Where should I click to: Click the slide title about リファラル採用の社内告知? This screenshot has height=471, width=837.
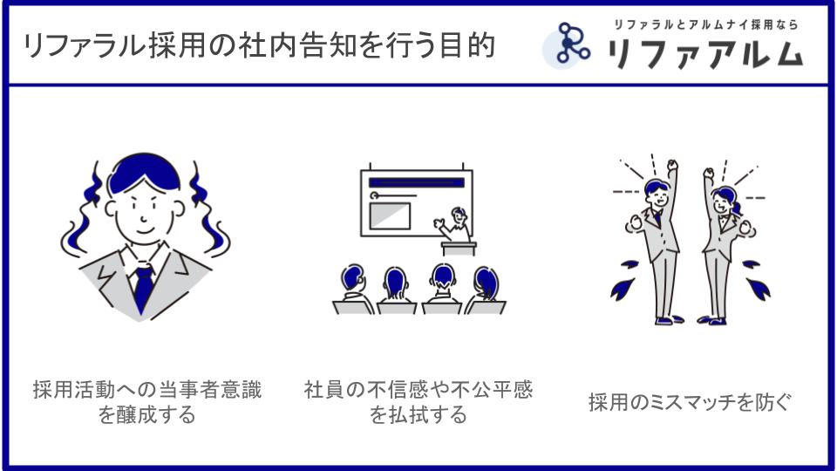(x=260, y=45)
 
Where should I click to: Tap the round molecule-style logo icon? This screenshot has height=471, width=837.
(x=567, y=45)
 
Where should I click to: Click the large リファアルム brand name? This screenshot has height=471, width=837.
(x=705, y=54)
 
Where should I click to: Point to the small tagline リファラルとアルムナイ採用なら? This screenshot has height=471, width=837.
(x=705, y=24)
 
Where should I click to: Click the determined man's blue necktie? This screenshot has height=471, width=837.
(x=143, y=289)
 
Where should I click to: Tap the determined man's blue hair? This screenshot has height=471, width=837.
(x=144, y=171)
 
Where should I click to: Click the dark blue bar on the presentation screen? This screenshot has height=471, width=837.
(x=417, y=182)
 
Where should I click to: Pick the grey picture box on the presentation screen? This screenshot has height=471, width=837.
(x=391, y=215)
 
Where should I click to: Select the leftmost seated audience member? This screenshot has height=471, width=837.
(x=353, y=289)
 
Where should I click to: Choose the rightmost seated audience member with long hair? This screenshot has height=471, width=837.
(x=485, y=290)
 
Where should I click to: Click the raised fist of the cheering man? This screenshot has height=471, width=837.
(x=672, y=165)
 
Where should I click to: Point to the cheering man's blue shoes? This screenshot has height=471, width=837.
(x=669, y=320)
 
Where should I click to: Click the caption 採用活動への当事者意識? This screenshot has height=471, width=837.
(x=147, y=389)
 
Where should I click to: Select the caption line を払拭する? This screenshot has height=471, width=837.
(x=418, y=415)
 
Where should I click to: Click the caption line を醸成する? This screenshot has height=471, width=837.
(x=147, y=415)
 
